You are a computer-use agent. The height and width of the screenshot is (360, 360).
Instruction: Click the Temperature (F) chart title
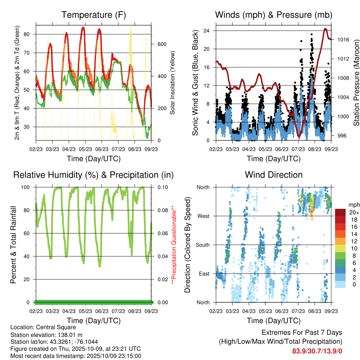(94, 15)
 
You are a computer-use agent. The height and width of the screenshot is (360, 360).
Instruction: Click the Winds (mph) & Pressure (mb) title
(274, 15)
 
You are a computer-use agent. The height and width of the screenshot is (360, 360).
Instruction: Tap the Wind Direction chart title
(274, 175)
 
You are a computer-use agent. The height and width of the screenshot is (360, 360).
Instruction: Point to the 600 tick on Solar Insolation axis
(161, 44)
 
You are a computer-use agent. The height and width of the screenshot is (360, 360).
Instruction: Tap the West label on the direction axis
(203, 216)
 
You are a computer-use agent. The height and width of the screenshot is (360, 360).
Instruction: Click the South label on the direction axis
(202, 245)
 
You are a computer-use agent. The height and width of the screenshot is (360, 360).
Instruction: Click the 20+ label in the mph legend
(353, 213)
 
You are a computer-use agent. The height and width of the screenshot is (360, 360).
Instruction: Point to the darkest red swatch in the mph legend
(340, 213)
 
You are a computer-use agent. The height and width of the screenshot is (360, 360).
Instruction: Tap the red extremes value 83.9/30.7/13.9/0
(317, 351)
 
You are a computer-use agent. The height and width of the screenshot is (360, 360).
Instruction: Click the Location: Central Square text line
(43, 327)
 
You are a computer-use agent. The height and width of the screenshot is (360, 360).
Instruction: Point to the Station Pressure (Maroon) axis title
(356, 83)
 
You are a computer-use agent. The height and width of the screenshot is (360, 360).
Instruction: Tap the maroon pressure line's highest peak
(326, 29)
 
